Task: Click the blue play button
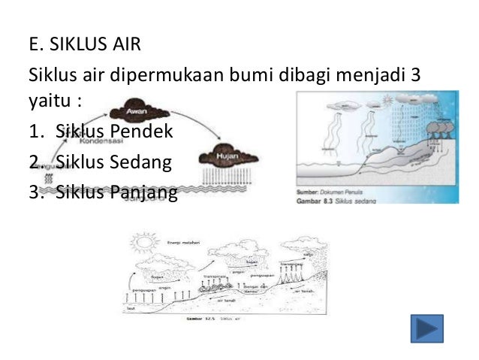[x=427, y=328]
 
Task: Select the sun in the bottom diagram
[x=140, y=244]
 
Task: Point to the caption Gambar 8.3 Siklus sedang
[x=333, y=200]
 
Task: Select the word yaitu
[x=49, y=100]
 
